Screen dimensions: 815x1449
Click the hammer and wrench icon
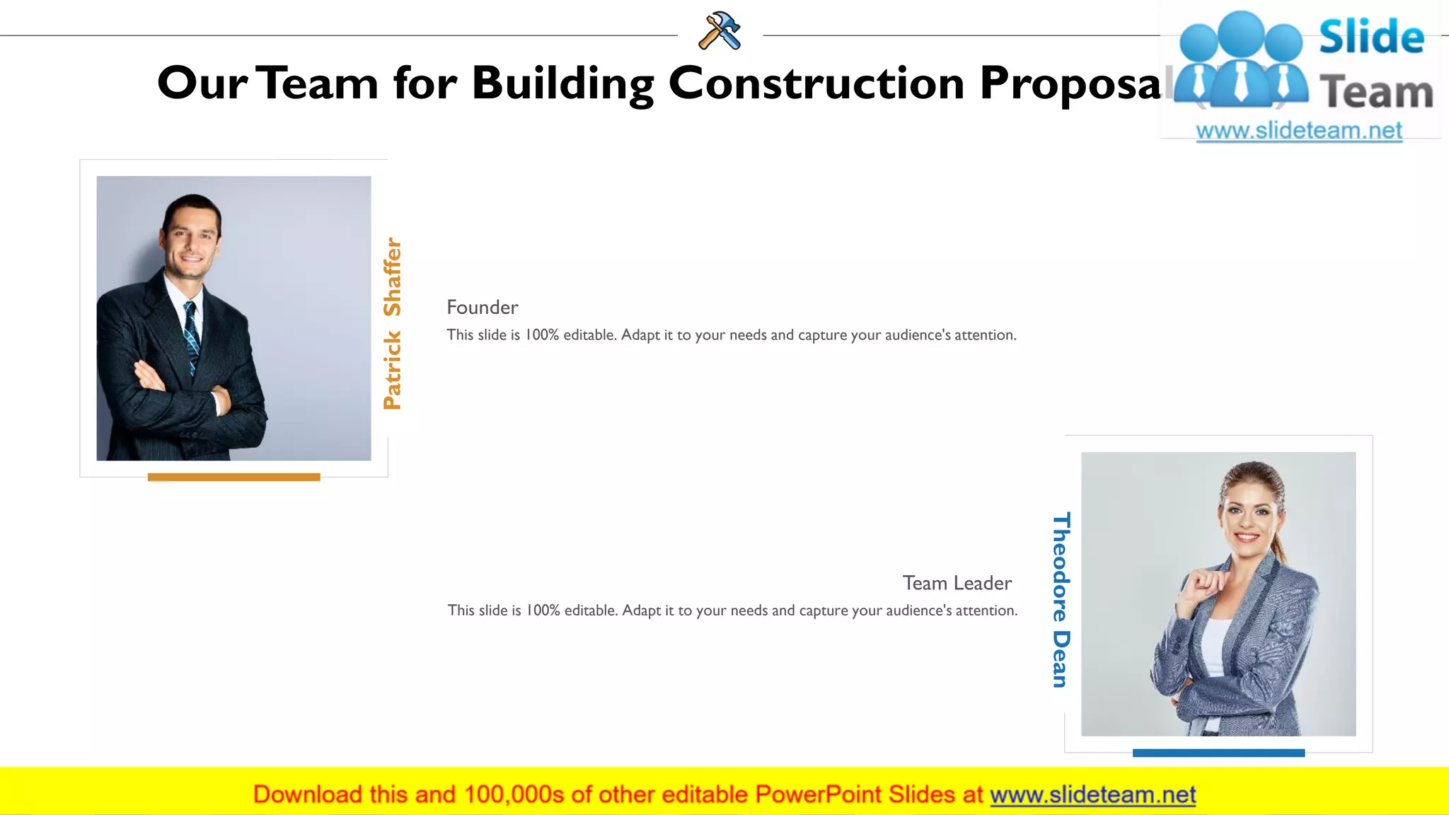pos(720,31)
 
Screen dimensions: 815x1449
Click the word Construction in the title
pos(816,83)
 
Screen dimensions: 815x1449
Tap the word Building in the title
pos(562,83)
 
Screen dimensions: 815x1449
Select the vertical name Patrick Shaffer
pos(392,323)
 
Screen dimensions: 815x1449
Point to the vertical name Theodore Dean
pos(1060,599)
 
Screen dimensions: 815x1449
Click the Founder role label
pos(483,307)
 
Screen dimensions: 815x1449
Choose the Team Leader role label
pos(957,583)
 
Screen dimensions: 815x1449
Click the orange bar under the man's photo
pos(233,477)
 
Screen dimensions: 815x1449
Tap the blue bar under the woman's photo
pos(1218,753)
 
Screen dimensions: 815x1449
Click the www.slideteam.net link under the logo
pos(1299,131)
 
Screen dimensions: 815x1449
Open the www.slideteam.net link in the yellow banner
pos(1092,794)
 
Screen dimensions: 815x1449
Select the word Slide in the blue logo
pos(1371,37)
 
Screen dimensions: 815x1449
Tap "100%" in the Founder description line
pos(541,335)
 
